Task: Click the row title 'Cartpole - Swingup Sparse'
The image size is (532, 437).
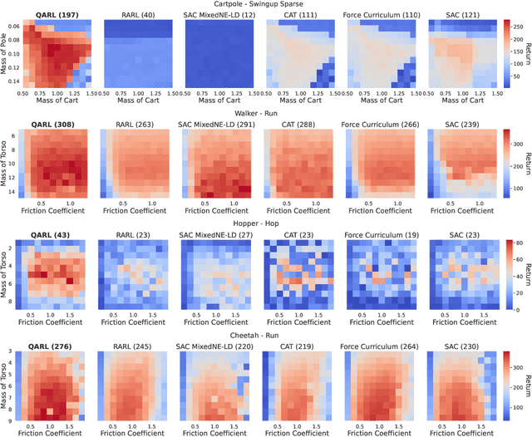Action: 264,4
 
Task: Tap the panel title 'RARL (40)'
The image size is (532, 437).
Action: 137,15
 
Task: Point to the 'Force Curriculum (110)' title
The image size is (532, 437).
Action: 381,15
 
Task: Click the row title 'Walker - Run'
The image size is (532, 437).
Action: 264,115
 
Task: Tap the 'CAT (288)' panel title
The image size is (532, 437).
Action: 299,125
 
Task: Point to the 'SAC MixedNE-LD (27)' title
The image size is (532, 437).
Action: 219,235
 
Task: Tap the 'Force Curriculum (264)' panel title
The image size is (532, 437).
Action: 381,346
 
